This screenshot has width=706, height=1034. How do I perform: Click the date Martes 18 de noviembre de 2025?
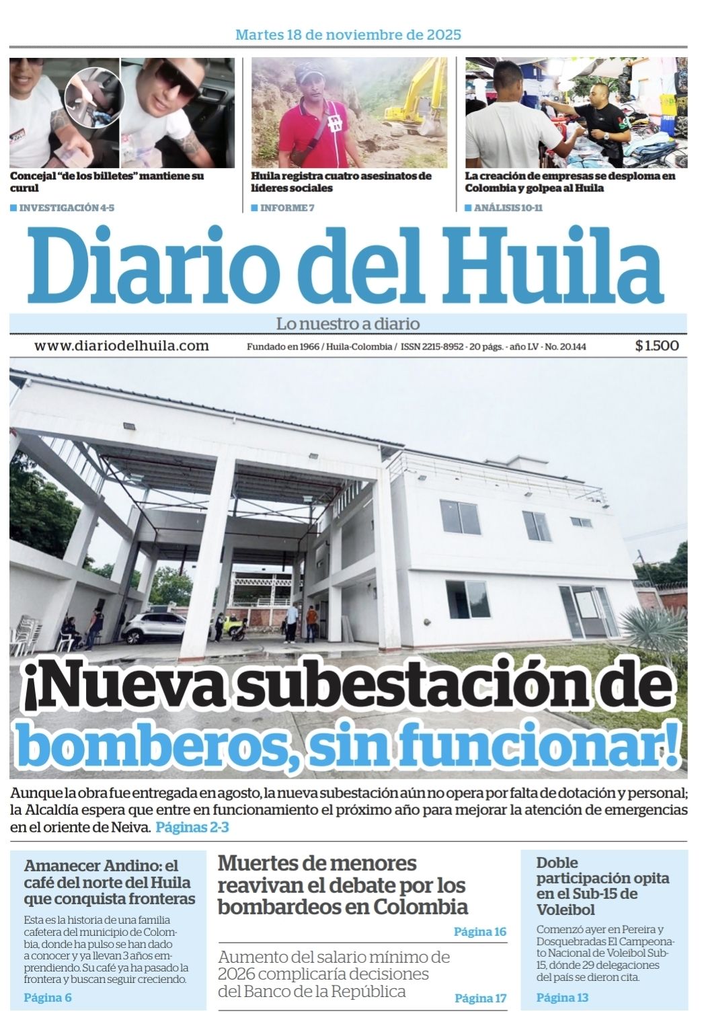point(348,34)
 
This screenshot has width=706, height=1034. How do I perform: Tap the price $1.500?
point(656,346)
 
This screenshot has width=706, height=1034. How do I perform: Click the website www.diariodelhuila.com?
point(122,346)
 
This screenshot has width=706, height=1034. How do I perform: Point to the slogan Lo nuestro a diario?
point(348,323)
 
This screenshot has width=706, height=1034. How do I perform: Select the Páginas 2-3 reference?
point(192,828)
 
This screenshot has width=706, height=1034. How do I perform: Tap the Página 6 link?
point(48,998)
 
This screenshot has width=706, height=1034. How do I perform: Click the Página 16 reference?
point(479,932)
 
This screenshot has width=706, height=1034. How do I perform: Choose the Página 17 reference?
point(480,998)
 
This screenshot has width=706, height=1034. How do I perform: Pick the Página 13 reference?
point(562,998)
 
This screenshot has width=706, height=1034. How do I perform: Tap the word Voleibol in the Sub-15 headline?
point(565,910)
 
